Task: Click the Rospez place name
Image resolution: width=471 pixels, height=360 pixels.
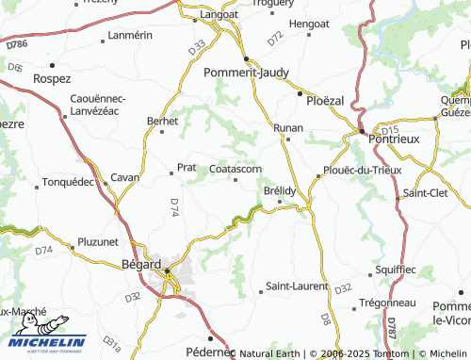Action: [x=52, y=78]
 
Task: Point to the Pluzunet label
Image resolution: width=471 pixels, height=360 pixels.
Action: [x=99, y=242]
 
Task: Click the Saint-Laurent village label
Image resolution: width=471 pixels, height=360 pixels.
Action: [x=298, y=285]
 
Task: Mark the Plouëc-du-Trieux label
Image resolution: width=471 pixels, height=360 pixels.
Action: [x=362, y=170]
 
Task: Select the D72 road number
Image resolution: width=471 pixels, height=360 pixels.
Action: [x=274, y=38]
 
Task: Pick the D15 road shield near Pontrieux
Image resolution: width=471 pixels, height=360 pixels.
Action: [x=391, y=129]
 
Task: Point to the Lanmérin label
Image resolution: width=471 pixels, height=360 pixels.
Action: [x=130, y=35]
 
